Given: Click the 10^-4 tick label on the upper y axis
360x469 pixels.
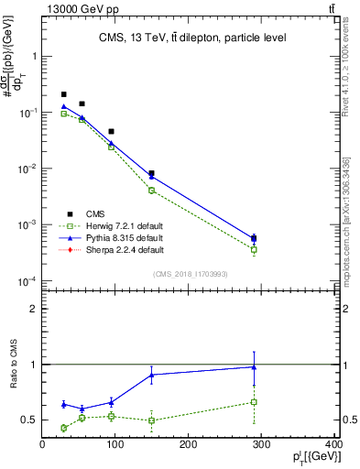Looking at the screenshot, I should point(27,281).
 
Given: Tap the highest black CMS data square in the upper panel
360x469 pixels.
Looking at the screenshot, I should point(64,94).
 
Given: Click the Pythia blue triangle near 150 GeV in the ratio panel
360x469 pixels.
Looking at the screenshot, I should point(151,375).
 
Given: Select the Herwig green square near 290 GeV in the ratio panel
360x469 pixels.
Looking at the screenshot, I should point(254,402).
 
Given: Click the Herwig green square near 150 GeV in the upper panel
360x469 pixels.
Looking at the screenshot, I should point(151,190).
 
